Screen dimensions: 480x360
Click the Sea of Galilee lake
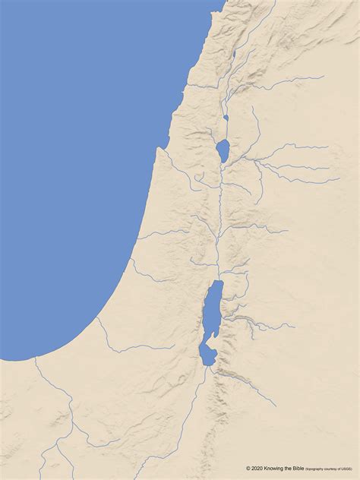click(x=223, y=150)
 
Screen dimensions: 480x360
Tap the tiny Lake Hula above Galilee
click(x=226, y=118)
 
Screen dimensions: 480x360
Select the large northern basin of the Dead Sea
click(x=213, y=308)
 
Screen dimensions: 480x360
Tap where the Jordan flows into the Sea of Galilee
click(x=225, y=139)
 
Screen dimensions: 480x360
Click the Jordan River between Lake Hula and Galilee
click(x=226, y=129)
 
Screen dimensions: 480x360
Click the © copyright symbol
click(x=248, y=469)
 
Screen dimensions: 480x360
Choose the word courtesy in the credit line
click(x=336, y=469)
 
